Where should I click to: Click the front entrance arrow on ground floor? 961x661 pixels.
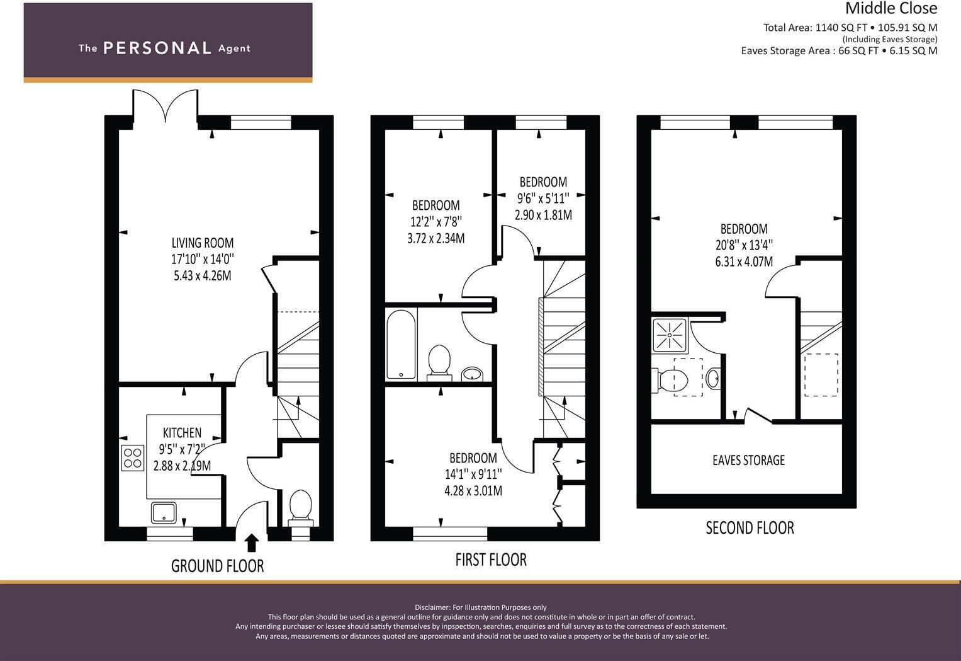coord(251,542)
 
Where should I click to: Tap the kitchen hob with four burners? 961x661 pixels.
coord(132,458)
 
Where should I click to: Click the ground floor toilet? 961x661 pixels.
coord(300,507)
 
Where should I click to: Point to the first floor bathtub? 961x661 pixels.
coord(401,344)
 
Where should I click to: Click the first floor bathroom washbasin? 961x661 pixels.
coord(471,375)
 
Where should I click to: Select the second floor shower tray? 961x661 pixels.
coord(671,334)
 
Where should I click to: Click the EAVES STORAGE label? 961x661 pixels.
coord(748,461)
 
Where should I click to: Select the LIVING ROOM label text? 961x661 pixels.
coord(203,243)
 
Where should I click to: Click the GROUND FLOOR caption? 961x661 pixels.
coord(217,566)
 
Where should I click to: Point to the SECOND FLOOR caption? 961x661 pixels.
coord(750,528)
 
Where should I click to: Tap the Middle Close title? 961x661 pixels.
coord(891,9)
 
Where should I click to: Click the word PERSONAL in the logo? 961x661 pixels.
coord(157,48)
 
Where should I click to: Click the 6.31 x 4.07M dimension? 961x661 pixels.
coord(744,262)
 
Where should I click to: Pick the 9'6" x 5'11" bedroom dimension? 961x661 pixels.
coord(543,198)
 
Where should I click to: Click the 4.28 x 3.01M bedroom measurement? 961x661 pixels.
coord(473,491)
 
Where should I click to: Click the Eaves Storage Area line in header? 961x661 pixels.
coord(838,51)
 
